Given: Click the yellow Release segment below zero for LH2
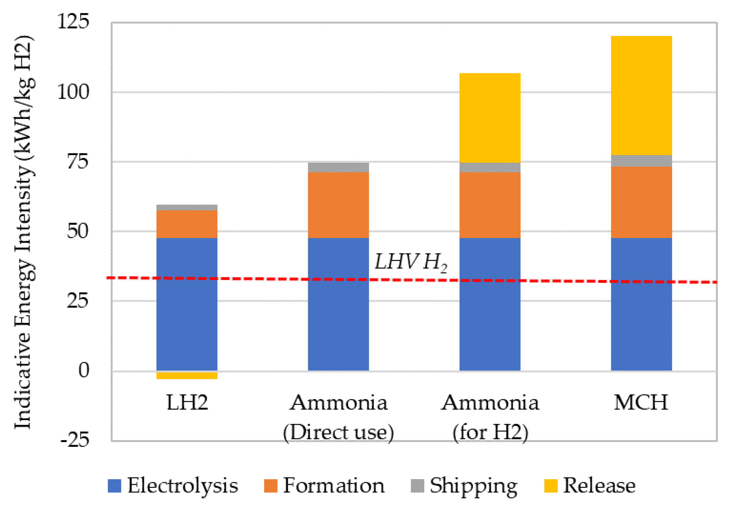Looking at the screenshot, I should (187, 375).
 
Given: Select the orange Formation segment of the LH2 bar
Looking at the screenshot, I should (187, 224).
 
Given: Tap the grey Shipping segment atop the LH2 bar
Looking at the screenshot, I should (187, 208).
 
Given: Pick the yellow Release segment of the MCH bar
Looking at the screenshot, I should (641, 95).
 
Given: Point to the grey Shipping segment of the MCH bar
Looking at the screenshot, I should (641, 161).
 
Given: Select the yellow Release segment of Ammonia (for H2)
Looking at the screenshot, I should (490, 118).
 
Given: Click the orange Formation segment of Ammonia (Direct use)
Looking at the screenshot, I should (338, 205).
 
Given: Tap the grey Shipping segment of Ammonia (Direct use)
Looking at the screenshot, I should (338, 167).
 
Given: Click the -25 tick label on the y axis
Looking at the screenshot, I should (75, 440).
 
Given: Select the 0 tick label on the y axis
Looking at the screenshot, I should (84, 370).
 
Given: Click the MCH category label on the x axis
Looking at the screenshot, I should (641, 403).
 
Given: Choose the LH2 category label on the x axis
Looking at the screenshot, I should (187, 403).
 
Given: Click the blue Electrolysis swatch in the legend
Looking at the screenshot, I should (115, 486).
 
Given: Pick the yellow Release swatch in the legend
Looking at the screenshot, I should (551, 486).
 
